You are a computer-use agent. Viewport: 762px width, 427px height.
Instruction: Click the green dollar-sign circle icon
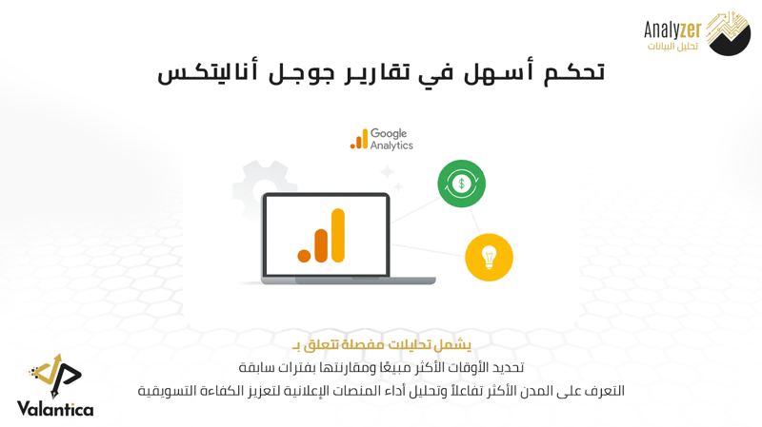click(x=461, y=184)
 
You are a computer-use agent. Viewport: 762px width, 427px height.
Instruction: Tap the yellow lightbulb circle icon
click(x=489, y=257)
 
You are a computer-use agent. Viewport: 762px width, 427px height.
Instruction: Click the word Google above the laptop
click(x=389, y=134)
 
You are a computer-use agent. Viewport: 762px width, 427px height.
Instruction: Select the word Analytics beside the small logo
click(x=391, y=146)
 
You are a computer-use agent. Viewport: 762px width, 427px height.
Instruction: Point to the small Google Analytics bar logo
click(x=359, y=139)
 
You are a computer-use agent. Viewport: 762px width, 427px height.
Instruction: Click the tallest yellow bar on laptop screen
click(x=338, y=235)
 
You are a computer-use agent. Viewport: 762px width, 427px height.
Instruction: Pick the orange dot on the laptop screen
click(x=304, y=256)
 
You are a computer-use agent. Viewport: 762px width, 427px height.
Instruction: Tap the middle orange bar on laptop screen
click(x=321, y=245)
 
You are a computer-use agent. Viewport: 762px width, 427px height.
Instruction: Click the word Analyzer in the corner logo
click(x=672, y=30)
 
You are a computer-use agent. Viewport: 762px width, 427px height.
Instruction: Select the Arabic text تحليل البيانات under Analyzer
click(x=672, y=47)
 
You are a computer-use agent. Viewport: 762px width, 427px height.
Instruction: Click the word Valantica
click(x=55, y=409)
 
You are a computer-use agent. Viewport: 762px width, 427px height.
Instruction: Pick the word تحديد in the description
click(x=509, y=368)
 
